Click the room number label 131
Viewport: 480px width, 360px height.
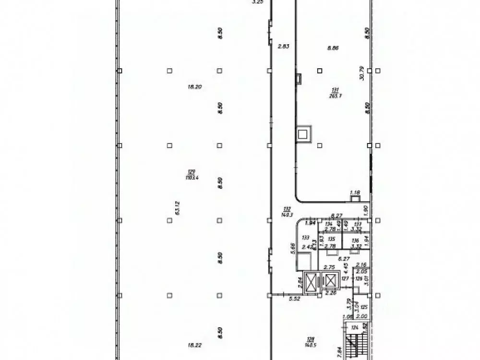tap(335, 90)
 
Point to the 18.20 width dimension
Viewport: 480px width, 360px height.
tap(194, 87)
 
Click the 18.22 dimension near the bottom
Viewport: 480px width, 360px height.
tap(195, 344)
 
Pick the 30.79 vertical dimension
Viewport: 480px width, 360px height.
tap(362, 73)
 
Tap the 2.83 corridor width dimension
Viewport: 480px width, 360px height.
tap(284, 47)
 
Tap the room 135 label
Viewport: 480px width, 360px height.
tap(331, 239)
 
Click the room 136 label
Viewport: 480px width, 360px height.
tap(355, 240)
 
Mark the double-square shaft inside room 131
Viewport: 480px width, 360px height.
tap(303, 134)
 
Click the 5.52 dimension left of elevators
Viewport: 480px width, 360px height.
tap(294, 299)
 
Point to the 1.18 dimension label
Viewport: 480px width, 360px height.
tap(355, 193)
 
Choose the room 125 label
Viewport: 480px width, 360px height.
tap(364, 307)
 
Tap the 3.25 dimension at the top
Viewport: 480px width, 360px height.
tap(258, 2)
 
